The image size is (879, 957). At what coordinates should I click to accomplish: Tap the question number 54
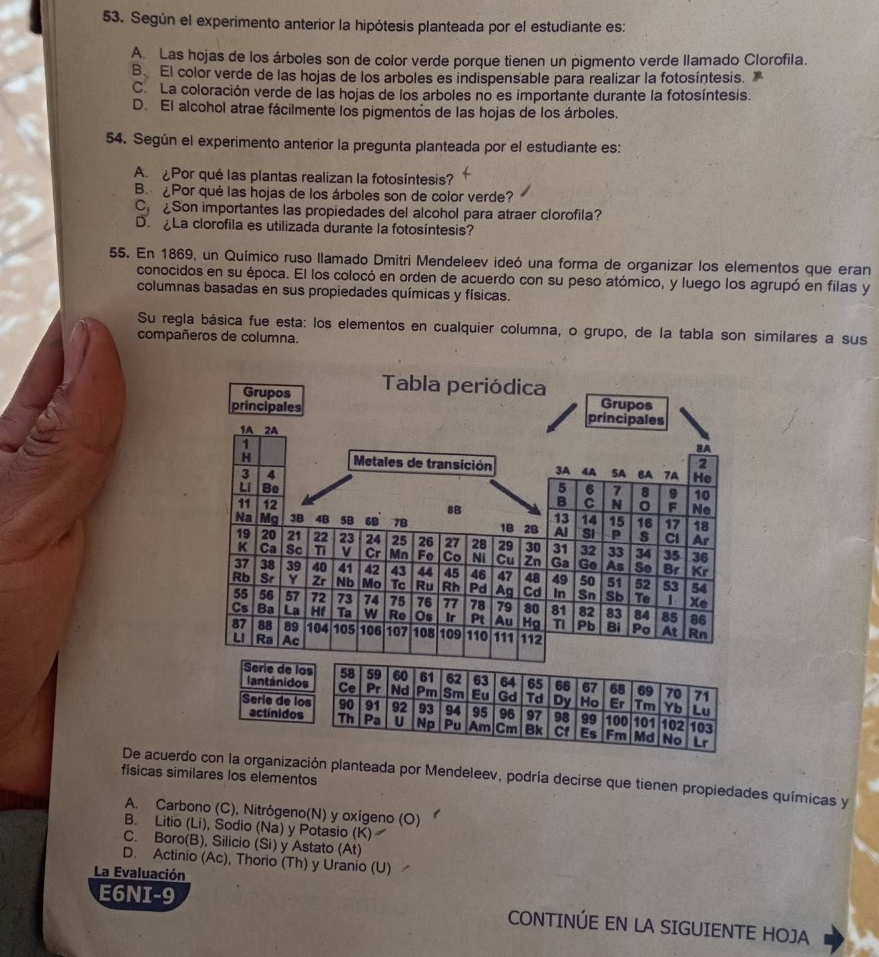tap(117, 138)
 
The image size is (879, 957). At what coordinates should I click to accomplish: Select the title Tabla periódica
tap(463, 386)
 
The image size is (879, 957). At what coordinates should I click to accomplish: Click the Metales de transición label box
tap(422, 463)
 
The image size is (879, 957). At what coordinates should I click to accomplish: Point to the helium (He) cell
tap(703, 470)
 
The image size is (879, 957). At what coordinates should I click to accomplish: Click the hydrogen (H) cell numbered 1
tap(246, 451)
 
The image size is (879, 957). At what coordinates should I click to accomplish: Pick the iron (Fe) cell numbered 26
tap(426, 548)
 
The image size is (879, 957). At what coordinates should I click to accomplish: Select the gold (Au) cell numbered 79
tap(504, 613)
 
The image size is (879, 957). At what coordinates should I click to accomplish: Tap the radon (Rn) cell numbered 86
tap(700, 626)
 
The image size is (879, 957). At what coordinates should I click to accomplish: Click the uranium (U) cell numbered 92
tap(399, 714)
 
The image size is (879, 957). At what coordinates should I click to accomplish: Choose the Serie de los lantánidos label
tap(278, 676)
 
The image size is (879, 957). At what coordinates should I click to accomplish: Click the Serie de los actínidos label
tap(277, 707)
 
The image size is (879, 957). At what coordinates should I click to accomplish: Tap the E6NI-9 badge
tap(138, 894)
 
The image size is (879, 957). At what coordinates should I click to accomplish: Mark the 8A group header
tap(704, 448)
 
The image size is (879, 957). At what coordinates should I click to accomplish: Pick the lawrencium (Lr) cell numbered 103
tap(701, 735)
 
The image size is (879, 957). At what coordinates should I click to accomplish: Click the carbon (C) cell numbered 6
tap(590, 496)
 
